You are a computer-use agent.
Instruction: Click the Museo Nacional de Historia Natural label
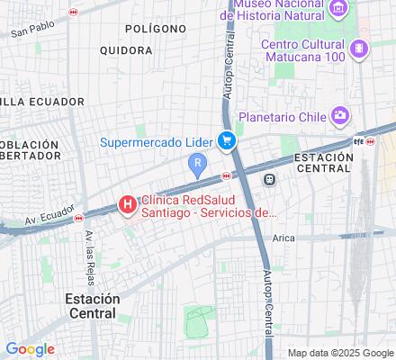click(281, 9)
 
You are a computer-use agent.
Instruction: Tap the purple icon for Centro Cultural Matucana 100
click(360, 48)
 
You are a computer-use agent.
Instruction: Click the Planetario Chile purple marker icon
click(339, 115)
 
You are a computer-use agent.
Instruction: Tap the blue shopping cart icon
click(228, 139)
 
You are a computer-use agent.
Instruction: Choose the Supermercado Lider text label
click(157, 140)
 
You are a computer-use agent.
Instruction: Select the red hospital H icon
click(128, 205)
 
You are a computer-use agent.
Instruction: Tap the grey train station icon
click(269, 180)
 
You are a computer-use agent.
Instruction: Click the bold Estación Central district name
click(91, 306)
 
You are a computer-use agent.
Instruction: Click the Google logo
click(30, 349)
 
